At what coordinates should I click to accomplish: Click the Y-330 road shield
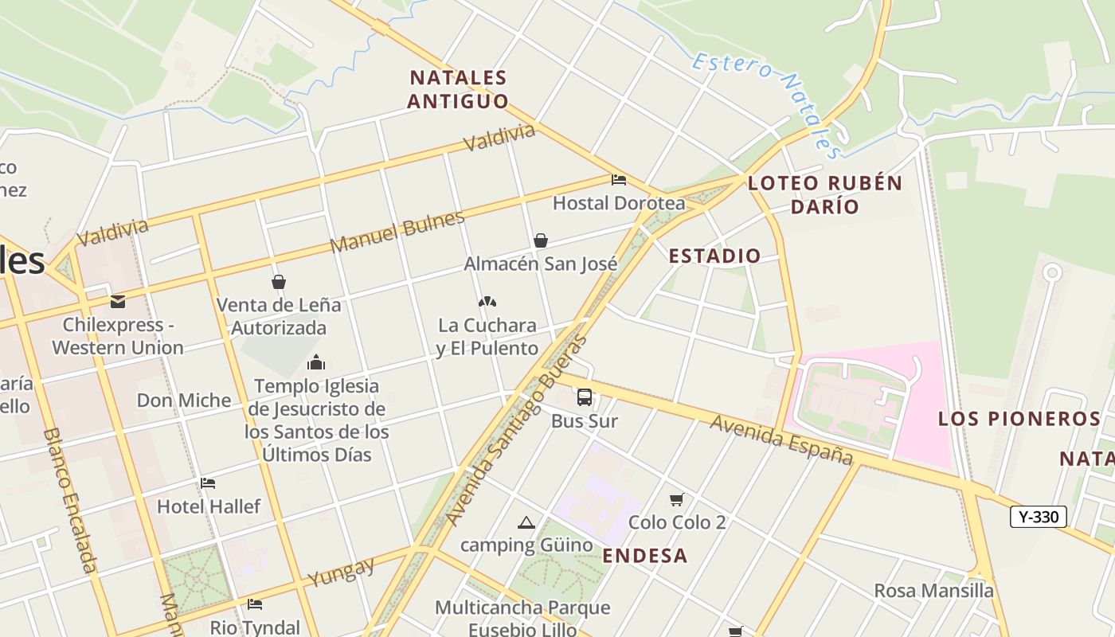1038,517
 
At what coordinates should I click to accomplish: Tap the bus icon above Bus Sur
585,397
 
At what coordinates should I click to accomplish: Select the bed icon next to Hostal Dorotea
619,180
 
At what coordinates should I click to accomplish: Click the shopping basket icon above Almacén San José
541,240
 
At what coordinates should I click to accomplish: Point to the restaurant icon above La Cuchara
487,302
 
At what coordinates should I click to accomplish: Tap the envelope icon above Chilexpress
118,302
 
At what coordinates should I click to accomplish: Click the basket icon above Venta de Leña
279,282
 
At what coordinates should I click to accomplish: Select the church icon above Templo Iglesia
316,363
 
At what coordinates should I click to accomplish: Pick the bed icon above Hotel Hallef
208,483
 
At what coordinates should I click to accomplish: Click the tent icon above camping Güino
526,522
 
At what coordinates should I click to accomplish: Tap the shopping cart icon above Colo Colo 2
677,499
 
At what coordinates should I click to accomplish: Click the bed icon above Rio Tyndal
255,604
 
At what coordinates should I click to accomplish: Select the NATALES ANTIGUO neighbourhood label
458,89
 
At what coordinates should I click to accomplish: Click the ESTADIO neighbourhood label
714,256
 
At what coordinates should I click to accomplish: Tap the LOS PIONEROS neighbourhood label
1019,419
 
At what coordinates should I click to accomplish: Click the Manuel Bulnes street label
397,232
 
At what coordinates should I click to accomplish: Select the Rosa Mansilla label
933,591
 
